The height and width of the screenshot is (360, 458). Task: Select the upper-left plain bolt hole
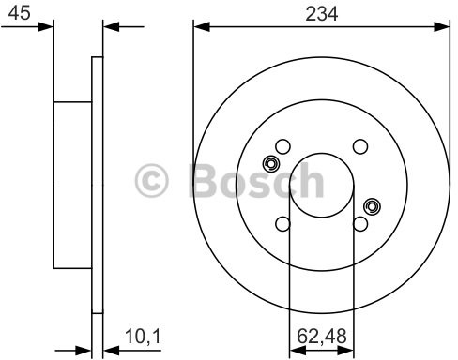pos(282,146)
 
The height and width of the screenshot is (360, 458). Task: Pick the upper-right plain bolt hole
pos(359,146)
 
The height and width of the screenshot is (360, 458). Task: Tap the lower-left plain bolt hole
pos(282,223)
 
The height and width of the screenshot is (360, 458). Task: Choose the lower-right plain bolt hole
pos(359,223)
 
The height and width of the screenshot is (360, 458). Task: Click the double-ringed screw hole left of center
pos(271,164)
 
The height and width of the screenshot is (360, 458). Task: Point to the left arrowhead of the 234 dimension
pos(199,27)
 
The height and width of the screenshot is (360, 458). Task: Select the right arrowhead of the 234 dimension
pos(441,27)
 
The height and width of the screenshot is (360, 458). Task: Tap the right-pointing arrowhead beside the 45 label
pos(47,27)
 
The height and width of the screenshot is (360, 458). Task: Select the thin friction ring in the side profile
pos(96,187)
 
